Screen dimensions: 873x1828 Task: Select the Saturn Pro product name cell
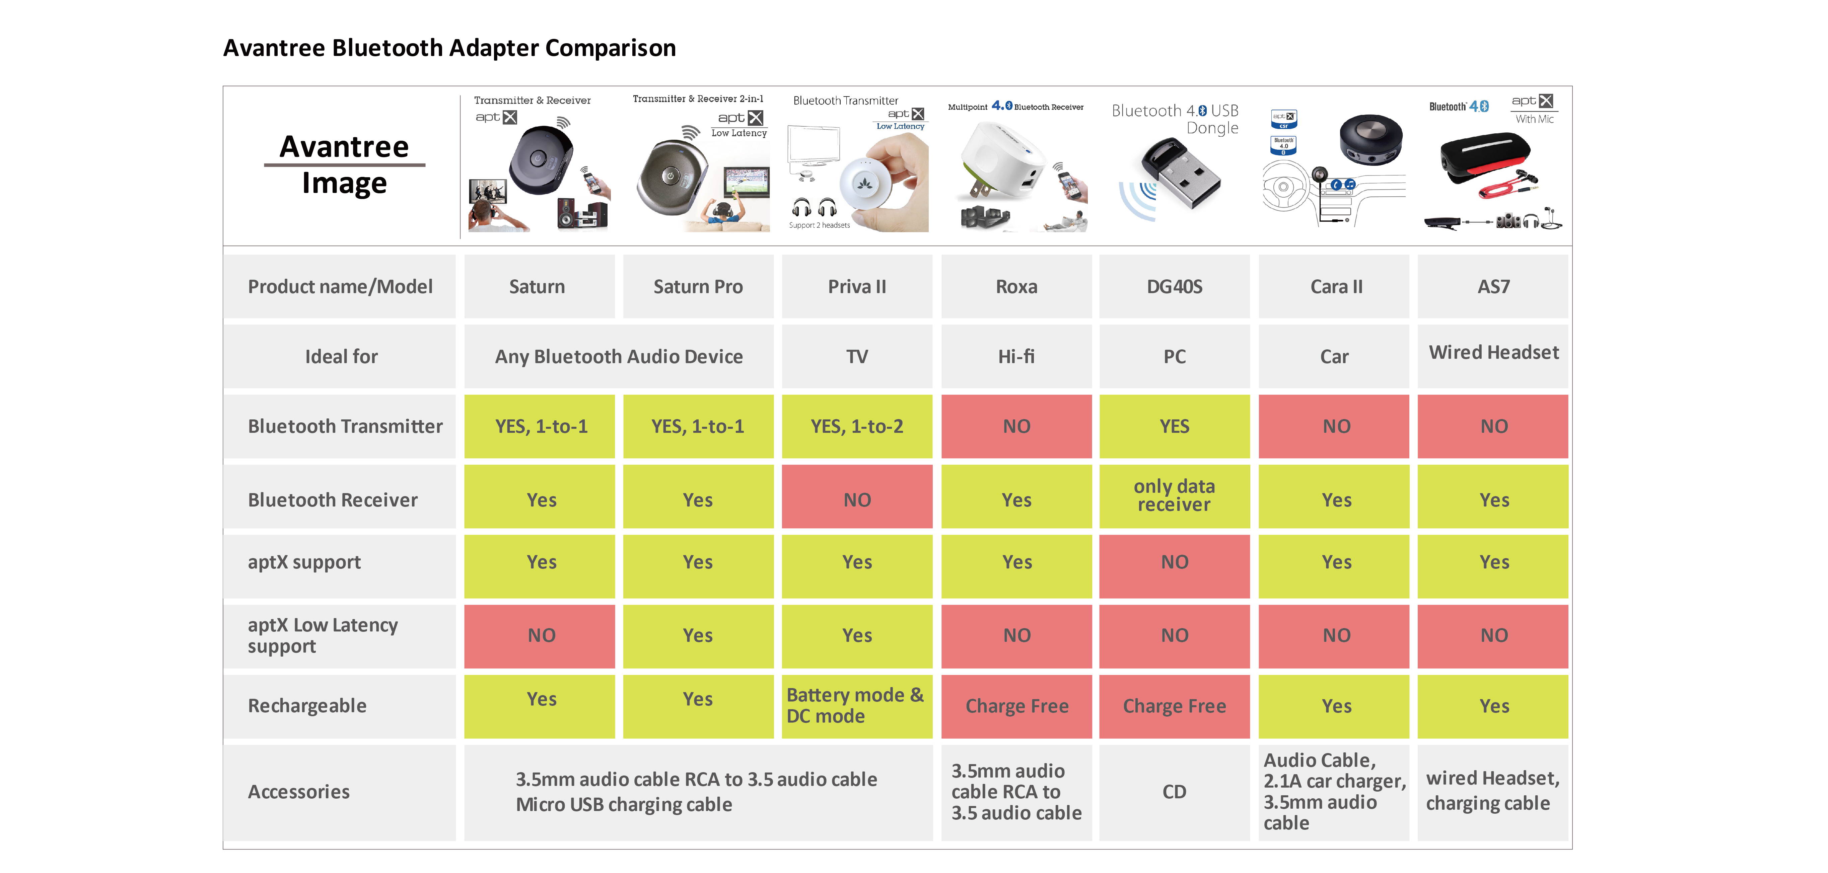(698, 287)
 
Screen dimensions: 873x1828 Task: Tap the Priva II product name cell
(856, 287)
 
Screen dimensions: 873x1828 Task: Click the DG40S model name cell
(1175, 287)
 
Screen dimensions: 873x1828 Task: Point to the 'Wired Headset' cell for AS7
(1493, 353)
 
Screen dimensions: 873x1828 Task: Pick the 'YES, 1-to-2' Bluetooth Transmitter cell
(856, 426)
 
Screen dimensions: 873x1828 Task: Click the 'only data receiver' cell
(1175, 495)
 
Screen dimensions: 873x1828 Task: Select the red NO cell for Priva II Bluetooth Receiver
(856, 500)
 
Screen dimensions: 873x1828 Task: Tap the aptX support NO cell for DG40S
(1175, 562)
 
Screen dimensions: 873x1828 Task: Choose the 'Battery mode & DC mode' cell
(856, 706)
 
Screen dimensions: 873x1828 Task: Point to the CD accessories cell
(1175, 791)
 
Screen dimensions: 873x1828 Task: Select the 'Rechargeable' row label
(307, 706)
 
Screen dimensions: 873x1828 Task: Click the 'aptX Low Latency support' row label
(323, 635)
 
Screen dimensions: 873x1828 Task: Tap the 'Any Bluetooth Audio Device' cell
(619, 356)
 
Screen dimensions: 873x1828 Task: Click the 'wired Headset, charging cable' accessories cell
(1493, 791)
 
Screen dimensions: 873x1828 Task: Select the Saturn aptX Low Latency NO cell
(541, 635)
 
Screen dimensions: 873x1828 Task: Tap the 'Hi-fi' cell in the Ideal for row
(1016, 356)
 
